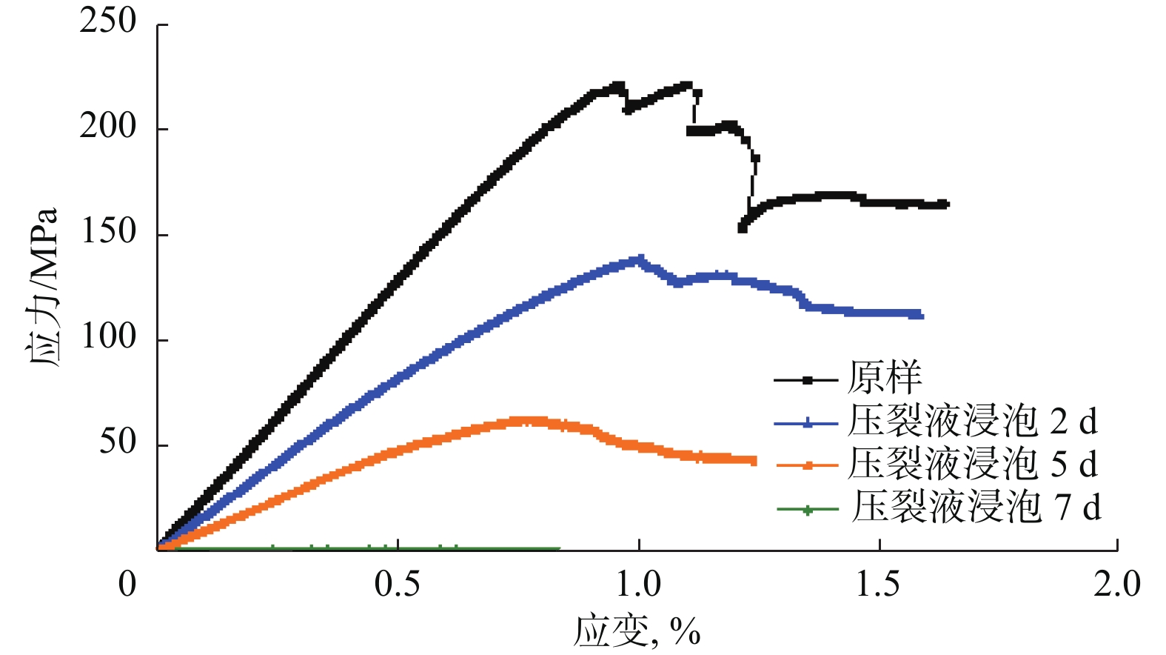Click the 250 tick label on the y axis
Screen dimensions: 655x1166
tap(108, 21)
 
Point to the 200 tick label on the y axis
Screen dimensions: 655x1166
tap(108, 127)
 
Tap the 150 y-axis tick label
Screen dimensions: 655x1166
tap(108, 232)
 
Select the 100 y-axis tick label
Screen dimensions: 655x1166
tap(108, 337)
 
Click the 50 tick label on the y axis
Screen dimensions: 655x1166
tap(118, 442)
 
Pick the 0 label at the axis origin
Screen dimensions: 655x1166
tap(127, 585)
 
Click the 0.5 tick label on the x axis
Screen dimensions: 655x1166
tap(398, 585)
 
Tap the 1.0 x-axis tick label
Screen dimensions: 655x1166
tap(639, 585)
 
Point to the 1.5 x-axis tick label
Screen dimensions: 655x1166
tap(879, 585)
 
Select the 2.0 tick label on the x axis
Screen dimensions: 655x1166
tap(1117, 585)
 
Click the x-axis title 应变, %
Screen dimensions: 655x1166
tap(637, 631)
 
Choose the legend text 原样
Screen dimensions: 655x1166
tap(885, 378)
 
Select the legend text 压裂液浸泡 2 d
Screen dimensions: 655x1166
tap(972, 421)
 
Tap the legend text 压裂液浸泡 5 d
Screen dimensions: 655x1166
tap(972, 464)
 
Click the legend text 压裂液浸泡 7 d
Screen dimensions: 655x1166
tap(976, 507)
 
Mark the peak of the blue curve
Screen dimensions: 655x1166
tap(639, 259)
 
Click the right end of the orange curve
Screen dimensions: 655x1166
tap(754, 461)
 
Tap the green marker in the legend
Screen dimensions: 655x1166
tap(808, 510)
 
